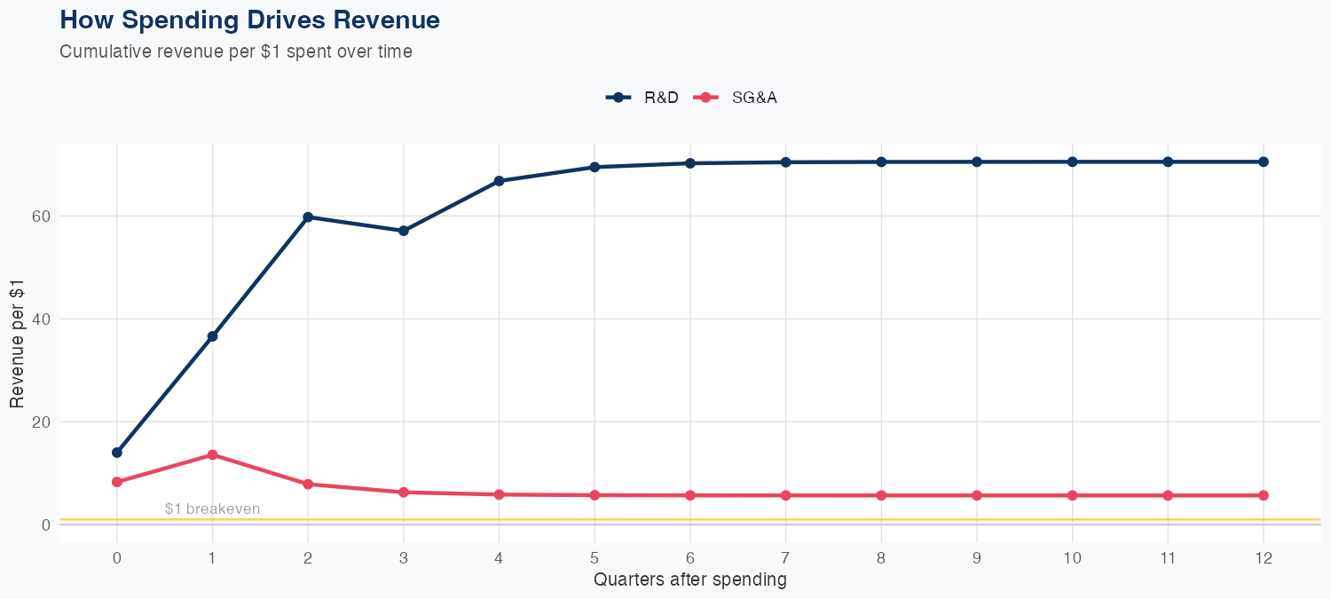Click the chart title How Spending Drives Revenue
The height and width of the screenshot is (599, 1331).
click(249, 20)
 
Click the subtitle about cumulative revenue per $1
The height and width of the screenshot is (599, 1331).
click(235, 51)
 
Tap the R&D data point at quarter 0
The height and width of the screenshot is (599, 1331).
click(117, 453)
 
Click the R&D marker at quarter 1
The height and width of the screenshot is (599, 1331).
click(212, 336)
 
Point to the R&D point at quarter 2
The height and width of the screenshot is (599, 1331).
click(308, 217)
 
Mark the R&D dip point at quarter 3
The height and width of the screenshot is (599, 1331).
click(404, 231)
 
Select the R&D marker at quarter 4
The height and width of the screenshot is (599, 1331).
click(499, 181)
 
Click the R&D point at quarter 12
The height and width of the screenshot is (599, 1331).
click(1264, 162)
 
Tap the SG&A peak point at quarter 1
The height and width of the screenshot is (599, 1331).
click(212, 454)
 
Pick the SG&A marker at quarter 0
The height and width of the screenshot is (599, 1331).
click(117, 482)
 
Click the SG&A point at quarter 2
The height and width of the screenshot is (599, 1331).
click(308, 484)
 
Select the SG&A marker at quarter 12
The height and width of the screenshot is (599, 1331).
click(1264, 495)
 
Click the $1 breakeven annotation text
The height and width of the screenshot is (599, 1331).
click(212, 508)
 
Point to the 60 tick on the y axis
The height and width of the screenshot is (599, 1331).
click(40, 217)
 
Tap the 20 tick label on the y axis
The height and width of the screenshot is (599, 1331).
click(40, 422)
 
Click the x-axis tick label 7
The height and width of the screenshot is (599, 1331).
click(785, 558)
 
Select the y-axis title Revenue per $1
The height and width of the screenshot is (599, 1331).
click(17, 343)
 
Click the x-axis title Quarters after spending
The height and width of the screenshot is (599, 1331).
click(689, 580)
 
